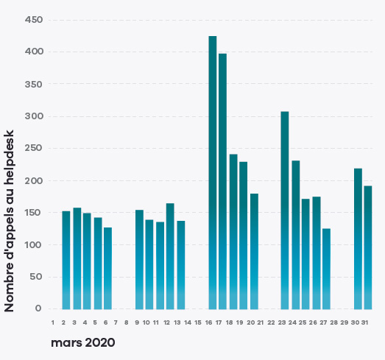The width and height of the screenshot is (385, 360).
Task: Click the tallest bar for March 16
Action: coord(213,172)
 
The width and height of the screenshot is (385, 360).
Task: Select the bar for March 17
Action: coord(223,182)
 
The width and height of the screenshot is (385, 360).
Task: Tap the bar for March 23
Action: coord(285,211)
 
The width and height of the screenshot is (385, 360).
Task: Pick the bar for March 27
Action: coord(326,269)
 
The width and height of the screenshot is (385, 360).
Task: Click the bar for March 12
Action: coord(170,256)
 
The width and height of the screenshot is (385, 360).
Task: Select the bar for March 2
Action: coord(66,260)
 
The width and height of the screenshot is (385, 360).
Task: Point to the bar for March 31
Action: coord(368,247)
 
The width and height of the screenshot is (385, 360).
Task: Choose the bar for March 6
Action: coord(107,269)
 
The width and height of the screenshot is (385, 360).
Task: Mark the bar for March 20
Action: coord(255,252)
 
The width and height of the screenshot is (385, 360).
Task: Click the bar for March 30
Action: coord(358,239)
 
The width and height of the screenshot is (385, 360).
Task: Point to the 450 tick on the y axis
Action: coord(34,20)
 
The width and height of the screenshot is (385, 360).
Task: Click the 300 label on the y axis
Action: coord(34,116)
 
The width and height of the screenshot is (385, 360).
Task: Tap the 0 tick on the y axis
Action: coord(38,308)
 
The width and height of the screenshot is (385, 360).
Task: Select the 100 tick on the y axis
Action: coord(34,245)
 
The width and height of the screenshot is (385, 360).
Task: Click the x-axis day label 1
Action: coord(53,322)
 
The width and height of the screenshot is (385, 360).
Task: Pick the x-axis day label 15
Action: coord(198,322)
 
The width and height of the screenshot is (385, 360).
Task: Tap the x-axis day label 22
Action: coord(271,322)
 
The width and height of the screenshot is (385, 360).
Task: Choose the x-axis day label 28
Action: coord(334,322)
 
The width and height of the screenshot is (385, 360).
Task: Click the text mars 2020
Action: coord(83,342)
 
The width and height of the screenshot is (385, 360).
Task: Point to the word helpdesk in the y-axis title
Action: coord(9,156)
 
